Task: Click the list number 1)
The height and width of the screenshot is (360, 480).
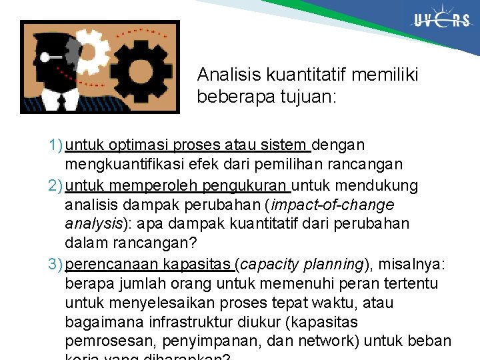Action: (x=55, y=145)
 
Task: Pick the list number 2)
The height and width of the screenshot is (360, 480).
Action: (x=55, y=185)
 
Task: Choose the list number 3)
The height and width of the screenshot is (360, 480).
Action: (x=55, y=264)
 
